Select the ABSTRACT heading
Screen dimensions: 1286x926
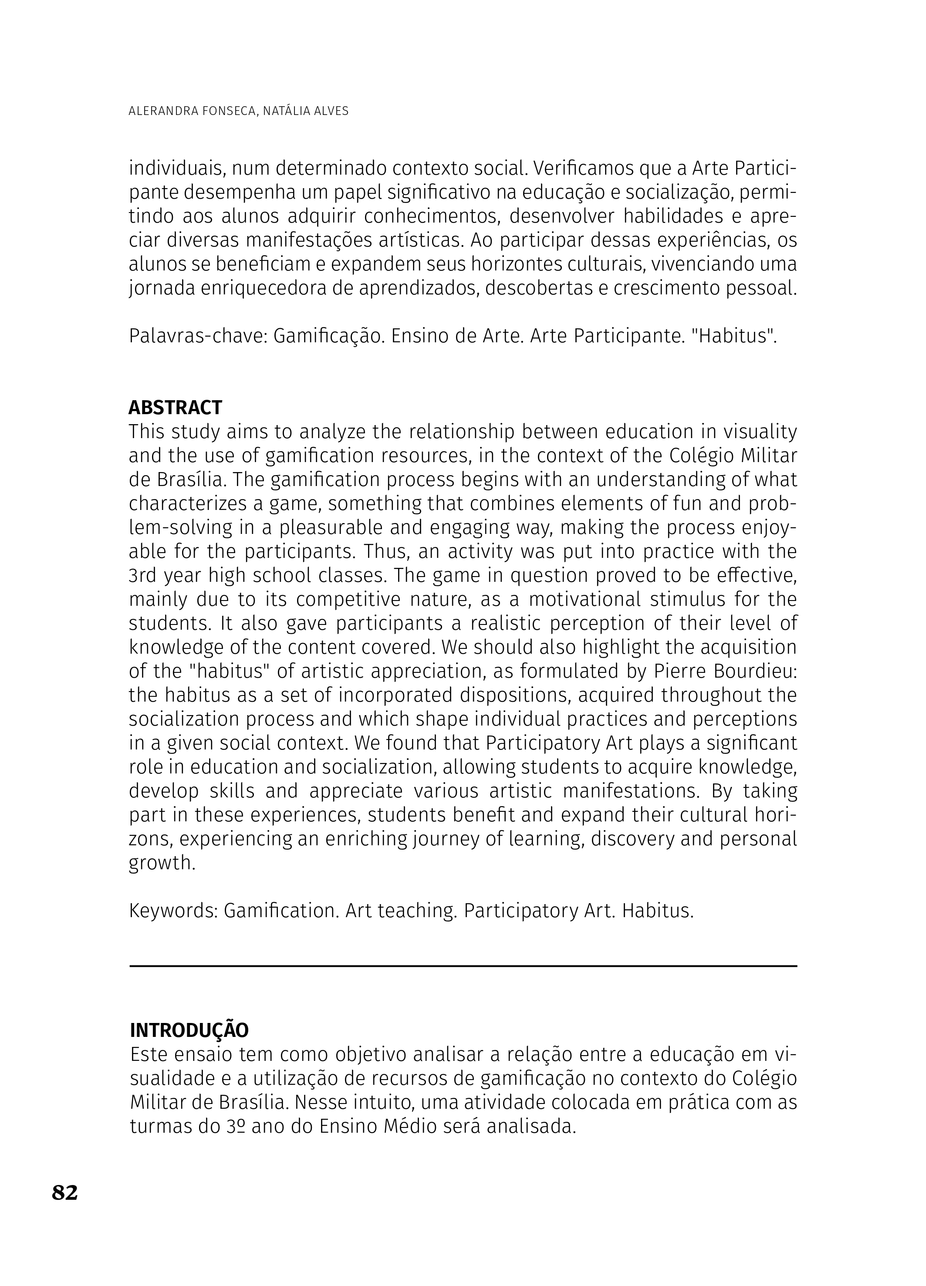175,407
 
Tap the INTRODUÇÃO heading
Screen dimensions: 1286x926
189,1029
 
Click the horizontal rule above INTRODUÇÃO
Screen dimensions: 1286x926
463,965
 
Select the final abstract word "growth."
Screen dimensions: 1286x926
162,863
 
